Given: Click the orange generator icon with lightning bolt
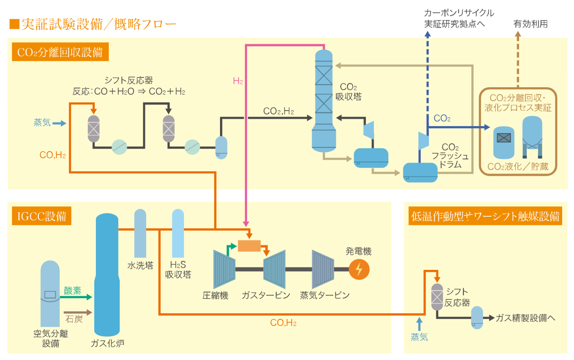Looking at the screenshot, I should pyautogui.click(x=359, y=270).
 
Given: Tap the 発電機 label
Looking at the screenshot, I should pyautogui.click(x=358, y=251).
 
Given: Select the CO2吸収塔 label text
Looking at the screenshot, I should pyautogui.click(x=348, y=92).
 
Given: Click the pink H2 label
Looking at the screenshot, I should pyautogui.click(x=238, y=81).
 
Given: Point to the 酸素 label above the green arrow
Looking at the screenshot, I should pyautogui.click(x=72, y=291).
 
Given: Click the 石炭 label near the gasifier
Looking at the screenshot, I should pyautogui.click(x=74, y=319).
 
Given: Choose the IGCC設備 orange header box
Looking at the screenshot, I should pyautogui.click(x=41, y=216).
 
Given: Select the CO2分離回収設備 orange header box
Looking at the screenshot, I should pyautogui.click(x=60, y=52).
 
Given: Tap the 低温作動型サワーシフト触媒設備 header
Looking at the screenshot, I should pyautogui.click(x=485, y=216).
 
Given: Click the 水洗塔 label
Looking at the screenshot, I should pyautogui.click(x=140, y=266).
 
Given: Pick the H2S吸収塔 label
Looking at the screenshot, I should pyautogui.click(x=178, y=270).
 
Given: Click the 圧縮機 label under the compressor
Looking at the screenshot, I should pyautogui.click(x=215, y=295).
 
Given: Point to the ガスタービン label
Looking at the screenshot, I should pyautogui.click(x=266, y=295).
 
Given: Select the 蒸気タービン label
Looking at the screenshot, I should pyautogui.click(x=325, y=295).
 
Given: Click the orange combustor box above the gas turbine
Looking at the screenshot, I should pyautogui.click(x=249, y=246).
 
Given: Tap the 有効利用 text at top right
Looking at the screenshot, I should pyautogui.click(x=530, y=24).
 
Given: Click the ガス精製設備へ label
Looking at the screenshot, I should pyautogui.click(x=525, y=318).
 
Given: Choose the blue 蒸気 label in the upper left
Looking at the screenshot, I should pyautogui.click(x=42, y=123).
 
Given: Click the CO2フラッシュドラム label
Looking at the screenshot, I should pyautogui.click(x=450, y=156).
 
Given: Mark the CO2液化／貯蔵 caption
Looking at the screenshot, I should pyautogui.click(x=518, y=166).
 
